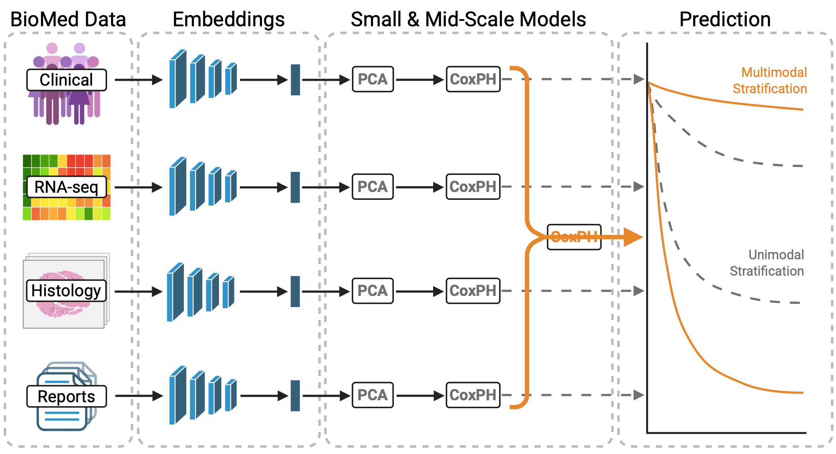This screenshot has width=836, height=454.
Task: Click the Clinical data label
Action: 66,80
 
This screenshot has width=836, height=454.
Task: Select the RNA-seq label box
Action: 66,187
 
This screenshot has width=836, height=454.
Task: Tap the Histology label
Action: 66,291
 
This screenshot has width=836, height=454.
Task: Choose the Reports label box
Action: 66,396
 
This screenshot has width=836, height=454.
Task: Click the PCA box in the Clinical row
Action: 373,79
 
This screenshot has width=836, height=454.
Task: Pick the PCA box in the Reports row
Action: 373,395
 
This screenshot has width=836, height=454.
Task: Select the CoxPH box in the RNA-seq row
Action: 473,187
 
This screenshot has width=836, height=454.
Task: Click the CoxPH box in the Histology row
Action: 473,291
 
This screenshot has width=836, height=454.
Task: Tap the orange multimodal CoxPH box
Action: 574,237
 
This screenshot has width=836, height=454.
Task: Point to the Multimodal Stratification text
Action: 770,80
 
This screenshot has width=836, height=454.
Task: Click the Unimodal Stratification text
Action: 767,263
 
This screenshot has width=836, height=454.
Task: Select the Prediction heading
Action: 725,19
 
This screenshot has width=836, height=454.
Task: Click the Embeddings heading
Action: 229,19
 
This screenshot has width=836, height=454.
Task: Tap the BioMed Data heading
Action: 68,19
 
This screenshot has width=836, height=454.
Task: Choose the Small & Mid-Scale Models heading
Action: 468,19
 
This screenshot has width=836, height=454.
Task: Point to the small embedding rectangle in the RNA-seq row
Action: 295,187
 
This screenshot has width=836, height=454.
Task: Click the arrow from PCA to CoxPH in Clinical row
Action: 420,80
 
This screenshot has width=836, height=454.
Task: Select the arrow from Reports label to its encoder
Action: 139,396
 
